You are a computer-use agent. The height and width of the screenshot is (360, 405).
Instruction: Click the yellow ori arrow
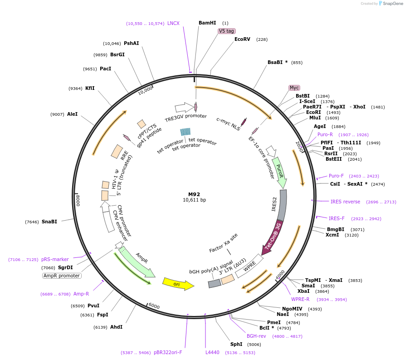pos(178,284)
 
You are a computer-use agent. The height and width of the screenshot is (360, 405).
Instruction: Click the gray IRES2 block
pos(282,205)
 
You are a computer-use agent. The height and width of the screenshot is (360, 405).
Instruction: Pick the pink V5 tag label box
pos(226,31)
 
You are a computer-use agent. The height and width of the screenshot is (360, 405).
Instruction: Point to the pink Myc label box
pos(294,88)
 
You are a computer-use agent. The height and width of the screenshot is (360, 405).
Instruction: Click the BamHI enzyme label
pos(207,23)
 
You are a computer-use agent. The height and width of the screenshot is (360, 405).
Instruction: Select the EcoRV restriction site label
pos(242,39)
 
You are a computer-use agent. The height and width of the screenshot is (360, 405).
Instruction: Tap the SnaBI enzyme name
pos(49,222)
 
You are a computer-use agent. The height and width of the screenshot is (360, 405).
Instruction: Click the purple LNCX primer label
pos(173,23)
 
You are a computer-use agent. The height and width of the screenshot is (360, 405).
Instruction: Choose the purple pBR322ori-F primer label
pos(168,352)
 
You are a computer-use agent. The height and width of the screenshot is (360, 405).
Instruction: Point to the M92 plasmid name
pos(194,194)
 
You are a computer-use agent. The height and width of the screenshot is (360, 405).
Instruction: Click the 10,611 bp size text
pos(194,200)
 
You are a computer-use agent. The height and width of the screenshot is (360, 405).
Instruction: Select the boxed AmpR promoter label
pos(62,276)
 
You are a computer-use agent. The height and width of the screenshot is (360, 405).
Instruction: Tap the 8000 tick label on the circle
pos(78,201)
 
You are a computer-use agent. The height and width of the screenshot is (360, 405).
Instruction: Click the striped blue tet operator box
pos(185,132)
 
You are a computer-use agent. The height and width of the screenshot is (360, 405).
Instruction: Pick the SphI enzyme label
pos(236,344)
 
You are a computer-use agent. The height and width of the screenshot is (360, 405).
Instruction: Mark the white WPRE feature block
pos(249,266)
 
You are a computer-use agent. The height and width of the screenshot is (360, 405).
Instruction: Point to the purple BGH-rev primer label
pos(256,336)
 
